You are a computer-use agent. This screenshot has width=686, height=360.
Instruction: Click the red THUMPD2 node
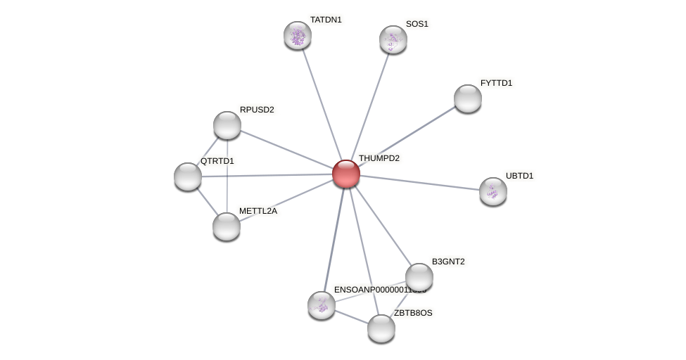pyautogui.click(x=345, y=174)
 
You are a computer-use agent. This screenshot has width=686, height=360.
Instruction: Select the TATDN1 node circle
pyautogui.click(x=298, y=35)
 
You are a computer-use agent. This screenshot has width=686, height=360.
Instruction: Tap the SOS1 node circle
pyautogui.click(x=393, y=39)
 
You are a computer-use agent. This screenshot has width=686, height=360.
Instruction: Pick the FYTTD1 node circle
pyautogui.click(x=467, y=98)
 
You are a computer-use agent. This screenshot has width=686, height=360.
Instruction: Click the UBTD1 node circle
pyautogui.click(x=493, y=191)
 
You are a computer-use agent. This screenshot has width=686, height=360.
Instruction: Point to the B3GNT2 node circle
pyautogui.click(x=419, y=277)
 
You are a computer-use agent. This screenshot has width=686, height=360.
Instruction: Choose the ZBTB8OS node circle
pyautogui.click(x=381, y=328)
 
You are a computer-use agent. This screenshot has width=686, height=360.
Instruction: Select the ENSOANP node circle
pyautogui.click(x=322, y=304)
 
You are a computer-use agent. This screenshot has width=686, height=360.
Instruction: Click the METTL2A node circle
pyautogui.click(x=227, y=226)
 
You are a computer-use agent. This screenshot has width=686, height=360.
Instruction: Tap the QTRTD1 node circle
pyautogui.click(x=188, y=176)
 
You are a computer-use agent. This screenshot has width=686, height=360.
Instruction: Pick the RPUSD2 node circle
pyautogui.click(x=227, y=125)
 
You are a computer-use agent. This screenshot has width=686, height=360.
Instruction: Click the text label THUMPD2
pyautogui.click(x=379, y=158)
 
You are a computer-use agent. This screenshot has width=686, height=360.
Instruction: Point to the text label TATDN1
pyautogui.click(x=325, y=20)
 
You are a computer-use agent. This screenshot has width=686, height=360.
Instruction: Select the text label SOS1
pyautogui.click(x=417, y=24)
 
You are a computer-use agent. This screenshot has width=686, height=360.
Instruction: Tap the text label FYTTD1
pyautogui.click(x=496, y=83)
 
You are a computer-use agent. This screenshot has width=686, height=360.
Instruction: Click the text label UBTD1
pyautogui.click(x=519, y=175)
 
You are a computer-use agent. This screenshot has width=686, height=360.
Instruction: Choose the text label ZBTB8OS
pyautogui.click(x=413, y=313)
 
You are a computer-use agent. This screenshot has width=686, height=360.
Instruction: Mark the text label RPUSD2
pyautogui.click(x=257, y=110)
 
